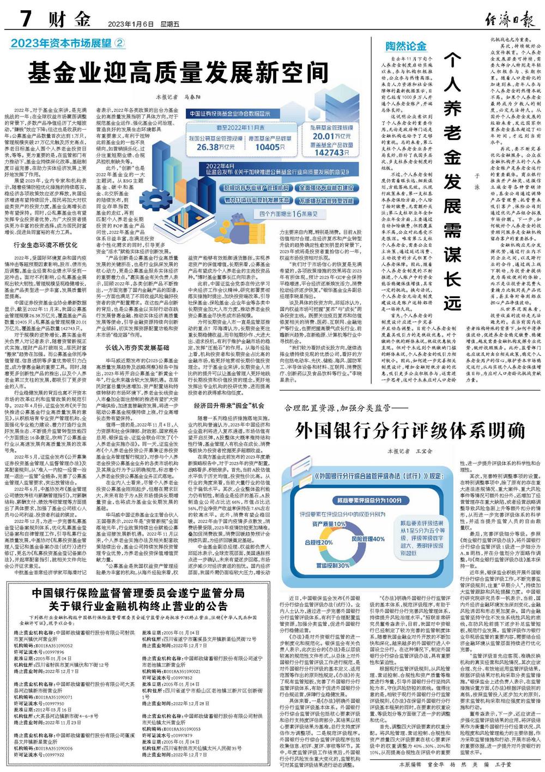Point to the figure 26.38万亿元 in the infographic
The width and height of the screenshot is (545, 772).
click(x=216, y=147)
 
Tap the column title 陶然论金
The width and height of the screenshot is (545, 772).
click(x=406, y=46)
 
